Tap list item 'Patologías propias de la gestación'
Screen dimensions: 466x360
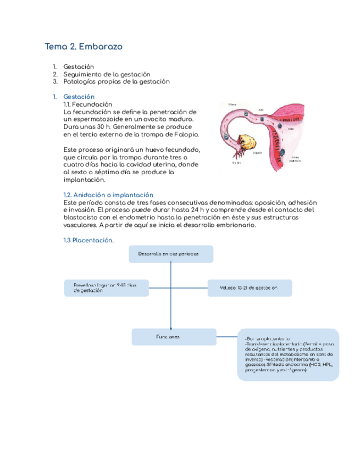click(x=117, y=81)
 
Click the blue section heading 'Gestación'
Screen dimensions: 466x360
click(x=79, y=97)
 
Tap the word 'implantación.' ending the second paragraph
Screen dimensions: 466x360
click(x=84, y=179)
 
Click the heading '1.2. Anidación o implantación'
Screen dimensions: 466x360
click(x=108, y=195)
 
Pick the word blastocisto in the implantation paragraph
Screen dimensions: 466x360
click(x=84, y=218)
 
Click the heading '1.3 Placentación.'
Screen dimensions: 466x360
click(x=88, y=240)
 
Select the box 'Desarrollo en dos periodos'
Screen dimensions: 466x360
click(x=171, y=254)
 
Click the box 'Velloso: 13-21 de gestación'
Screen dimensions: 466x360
click(x=250, y=287)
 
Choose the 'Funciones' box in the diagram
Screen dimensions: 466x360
click(x=171, y=337)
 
